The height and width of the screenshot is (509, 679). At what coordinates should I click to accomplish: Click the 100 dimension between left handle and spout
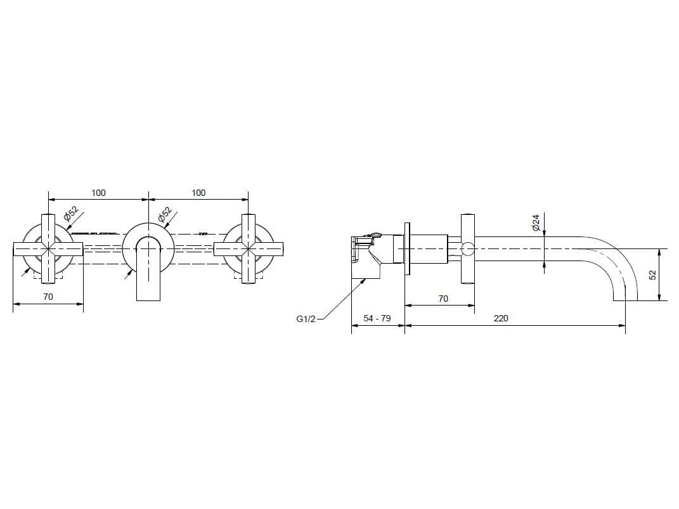(98, 193)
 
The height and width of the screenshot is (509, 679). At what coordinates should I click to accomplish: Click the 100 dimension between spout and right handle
(198, 193)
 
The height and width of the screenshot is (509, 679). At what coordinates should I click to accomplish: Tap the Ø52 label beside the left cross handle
(70, 215)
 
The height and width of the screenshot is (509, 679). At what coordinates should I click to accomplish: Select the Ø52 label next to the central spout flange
(165, 215)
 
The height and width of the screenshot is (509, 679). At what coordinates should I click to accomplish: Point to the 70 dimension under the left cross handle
(48, 296)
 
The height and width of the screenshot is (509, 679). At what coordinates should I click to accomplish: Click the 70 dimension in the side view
(443, 298)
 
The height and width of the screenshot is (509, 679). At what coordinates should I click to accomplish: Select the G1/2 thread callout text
(306, 319)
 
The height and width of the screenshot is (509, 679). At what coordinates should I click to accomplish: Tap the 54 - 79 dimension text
(377, 318)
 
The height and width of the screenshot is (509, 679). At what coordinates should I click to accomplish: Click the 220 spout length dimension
(501, 318)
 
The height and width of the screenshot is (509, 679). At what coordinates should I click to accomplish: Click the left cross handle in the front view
(49, 248)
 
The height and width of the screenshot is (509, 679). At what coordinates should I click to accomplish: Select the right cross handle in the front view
(250, 248)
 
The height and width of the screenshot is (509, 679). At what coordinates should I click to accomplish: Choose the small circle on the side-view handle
(467, 248)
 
